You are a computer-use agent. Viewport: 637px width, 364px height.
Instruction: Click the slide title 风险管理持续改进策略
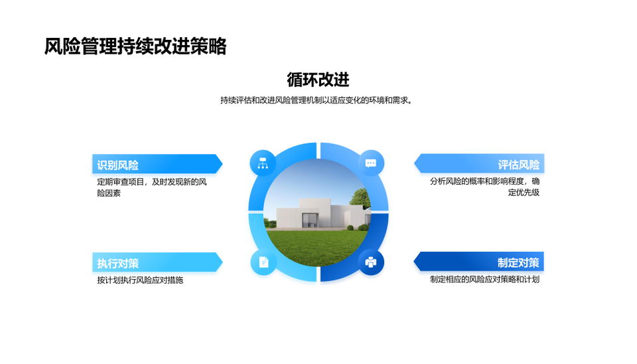coord(135,46)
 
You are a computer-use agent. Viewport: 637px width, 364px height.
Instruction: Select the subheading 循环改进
coord(318,79)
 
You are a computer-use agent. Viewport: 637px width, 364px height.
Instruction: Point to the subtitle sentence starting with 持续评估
coord(317,100)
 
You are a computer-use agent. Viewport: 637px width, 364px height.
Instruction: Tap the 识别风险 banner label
coord(118,165)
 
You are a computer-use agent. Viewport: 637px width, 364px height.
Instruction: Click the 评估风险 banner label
coord(519,164)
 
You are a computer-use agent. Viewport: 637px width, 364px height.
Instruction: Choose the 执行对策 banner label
coord(118,264)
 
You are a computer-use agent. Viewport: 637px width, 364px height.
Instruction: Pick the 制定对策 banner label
coord(519,263)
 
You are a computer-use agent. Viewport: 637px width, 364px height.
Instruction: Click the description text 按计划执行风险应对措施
coord(140,280)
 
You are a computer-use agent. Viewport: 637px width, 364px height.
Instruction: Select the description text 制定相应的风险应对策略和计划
coord(484,280)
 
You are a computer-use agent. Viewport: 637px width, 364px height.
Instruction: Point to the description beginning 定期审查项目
coord(152,187)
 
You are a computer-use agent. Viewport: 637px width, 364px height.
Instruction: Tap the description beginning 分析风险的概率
coord(484,187)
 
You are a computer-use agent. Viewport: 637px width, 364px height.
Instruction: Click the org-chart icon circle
coord(263,163)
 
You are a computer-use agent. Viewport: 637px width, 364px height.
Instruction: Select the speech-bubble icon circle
coord(371,163)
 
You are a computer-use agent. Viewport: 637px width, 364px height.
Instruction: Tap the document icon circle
coord(263,262)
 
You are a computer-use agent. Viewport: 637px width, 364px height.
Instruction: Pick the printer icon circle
coord(371,262)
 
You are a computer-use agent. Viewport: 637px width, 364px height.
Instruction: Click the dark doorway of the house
coord(310,221)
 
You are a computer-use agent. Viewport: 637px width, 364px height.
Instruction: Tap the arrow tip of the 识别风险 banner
coord(222,164)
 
